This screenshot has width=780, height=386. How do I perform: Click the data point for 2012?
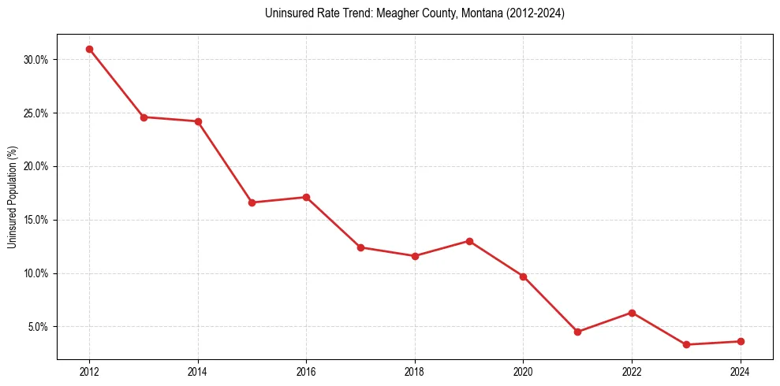click(x=89, y=49)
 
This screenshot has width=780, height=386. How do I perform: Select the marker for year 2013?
click(x=144, y=117)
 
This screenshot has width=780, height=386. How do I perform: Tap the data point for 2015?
click(x=252, y=202)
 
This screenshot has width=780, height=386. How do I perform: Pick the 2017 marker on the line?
click(x=360, y=247)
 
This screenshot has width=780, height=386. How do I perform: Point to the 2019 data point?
click(x=469, y=241)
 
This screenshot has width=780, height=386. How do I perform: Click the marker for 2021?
click(x=577, y=332)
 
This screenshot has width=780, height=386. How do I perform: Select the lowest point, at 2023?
click(x=686, y=344)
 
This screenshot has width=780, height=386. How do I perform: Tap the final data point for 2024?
click(x=741, y=341)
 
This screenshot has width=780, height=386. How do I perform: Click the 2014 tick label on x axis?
click(x=198, y=372)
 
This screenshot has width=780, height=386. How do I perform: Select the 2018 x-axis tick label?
click(x=415, y=372)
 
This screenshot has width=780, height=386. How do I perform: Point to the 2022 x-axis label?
click(x=632, y=372)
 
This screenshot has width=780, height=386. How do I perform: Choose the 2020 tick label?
click(x=523, y=372)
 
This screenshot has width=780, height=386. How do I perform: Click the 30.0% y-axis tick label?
click(x=37, y=60)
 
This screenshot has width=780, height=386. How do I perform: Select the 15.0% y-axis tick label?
click(x=37, y=220)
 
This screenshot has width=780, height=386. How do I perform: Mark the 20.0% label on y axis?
click(x=37, y=167)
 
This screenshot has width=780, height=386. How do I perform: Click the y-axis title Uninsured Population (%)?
click(x=12, y=197)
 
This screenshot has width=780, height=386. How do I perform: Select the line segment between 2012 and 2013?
click(x=117, y=84)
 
